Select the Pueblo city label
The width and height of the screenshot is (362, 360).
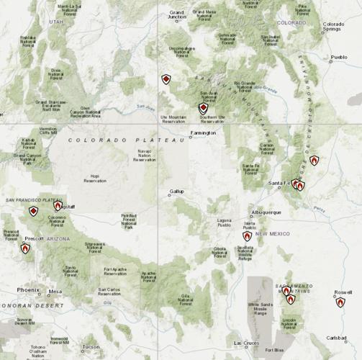pyautogui.click(x=338, y=57)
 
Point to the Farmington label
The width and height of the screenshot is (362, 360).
pyautogui.click(x=202, y=133)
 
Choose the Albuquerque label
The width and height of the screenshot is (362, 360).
pyautogui.click(x=266, y=213)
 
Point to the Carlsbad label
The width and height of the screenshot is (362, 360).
pyautogui.click(x=336, y=337)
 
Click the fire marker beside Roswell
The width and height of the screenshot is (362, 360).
pyautogui.click(x=340, y=302)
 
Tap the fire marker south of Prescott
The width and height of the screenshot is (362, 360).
pyautogui.click(x=25, y=248)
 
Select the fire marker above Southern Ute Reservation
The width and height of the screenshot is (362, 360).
pyautogui.click(x=203, y=108)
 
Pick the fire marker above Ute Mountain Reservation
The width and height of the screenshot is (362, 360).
pyautogui.click(x=166, y=79)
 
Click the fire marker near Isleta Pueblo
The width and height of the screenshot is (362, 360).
pyautogui.click(x=247, y=235)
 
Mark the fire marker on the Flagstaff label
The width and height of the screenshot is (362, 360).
pyautogui.click(x=58, y=206)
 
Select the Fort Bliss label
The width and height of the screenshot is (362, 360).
pyautogui.click(x=274, y=350)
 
